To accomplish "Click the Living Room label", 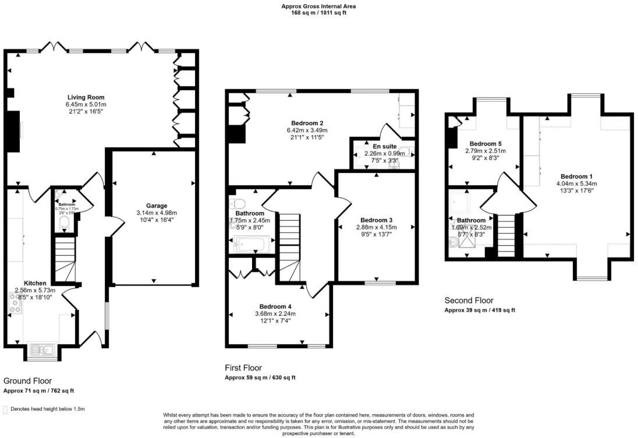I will click(86, 97).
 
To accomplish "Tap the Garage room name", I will click(157, 206).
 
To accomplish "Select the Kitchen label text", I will click(35, 283).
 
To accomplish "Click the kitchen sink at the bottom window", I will click(42, 349).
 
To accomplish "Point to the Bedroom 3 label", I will click(376, 220).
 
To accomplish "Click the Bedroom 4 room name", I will click(275, 306).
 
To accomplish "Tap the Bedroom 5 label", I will click(485, 143).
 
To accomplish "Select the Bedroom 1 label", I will click(576, 176).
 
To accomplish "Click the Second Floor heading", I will click(469, 301).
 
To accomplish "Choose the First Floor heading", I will click(243, 368).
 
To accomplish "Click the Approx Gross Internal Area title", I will click(318, 6).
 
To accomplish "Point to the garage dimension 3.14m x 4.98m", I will click(157, 213).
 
